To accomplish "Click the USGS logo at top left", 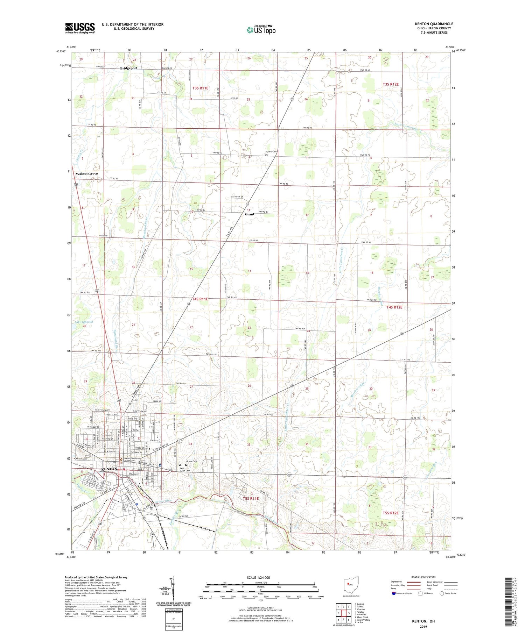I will (80, 28).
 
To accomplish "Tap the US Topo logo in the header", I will (261, 30).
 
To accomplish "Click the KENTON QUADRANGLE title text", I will (434, 24).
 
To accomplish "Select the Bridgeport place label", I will (129, 68).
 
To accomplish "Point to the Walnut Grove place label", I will (87, 174).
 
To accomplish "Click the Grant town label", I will (249, 214).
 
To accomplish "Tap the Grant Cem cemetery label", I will (271, 152).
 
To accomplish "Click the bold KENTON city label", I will (109, 469).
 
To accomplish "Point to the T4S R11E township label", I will (200, 299).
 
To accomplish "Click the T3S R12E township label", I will (390, 84).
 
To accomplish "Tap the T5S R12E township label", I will (390, 513).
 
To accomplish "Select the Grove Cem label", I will (191, 461).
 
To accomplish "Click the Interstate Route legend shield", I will (394, 593).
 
